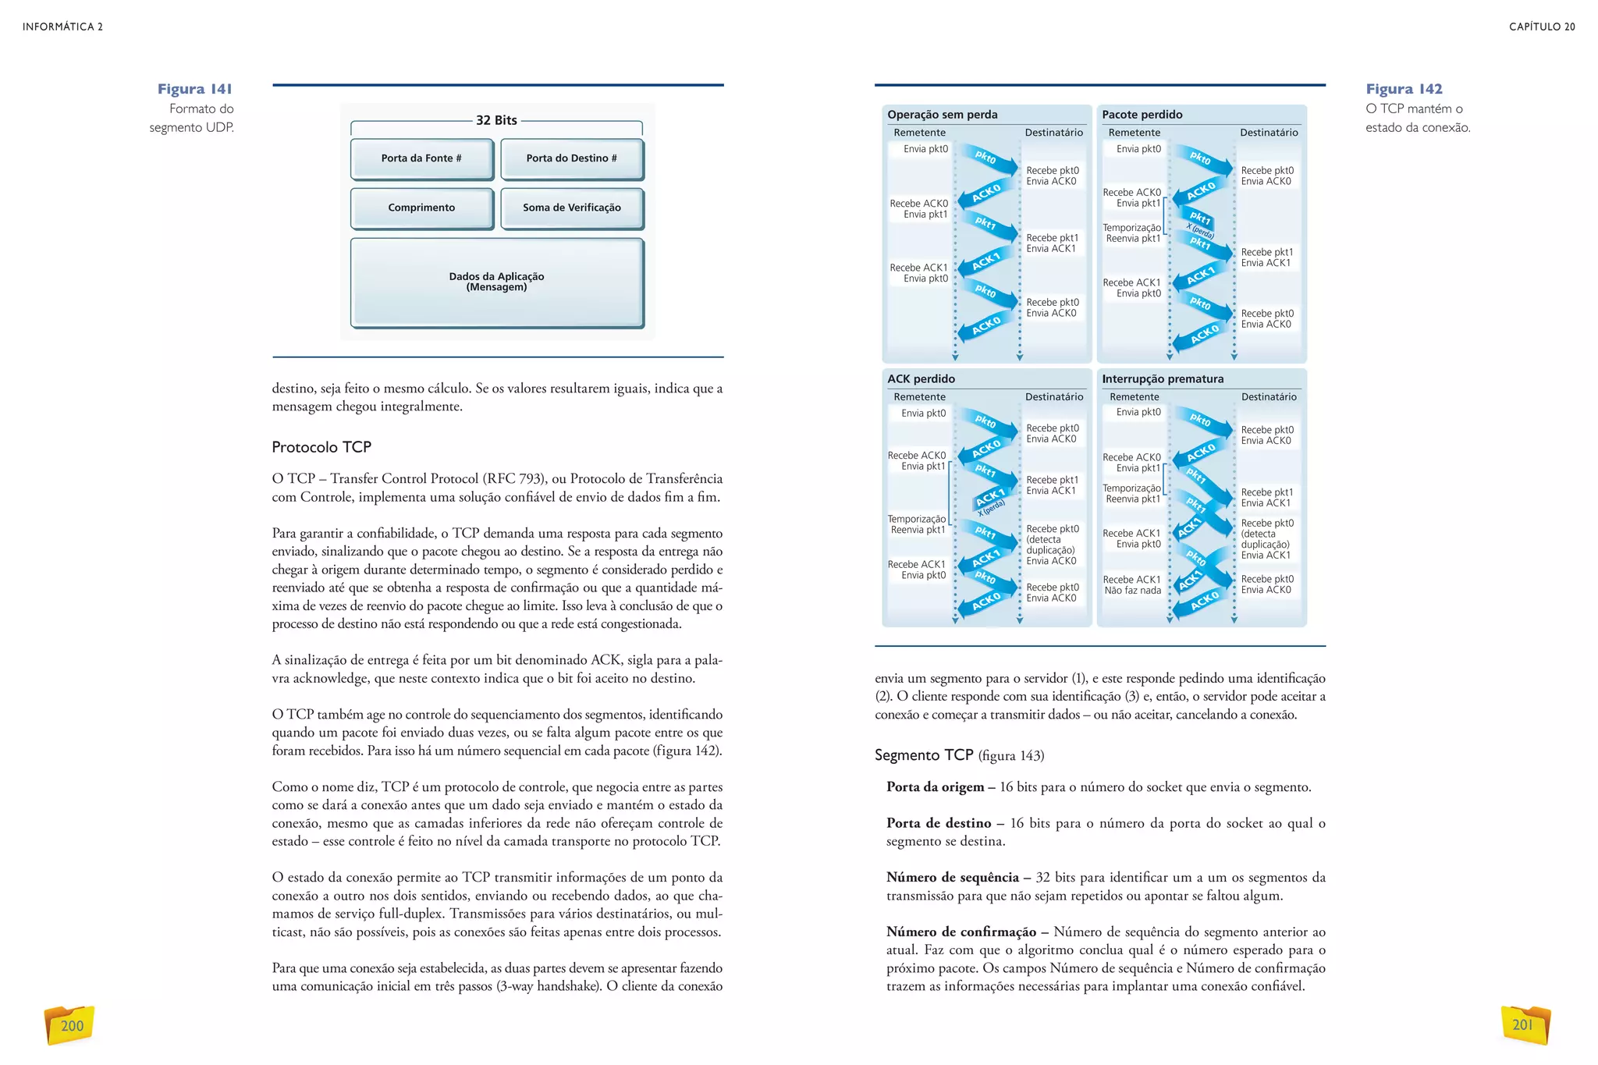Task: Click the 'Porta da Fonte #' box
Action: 421,158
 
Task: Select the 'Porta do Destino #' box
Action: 572,158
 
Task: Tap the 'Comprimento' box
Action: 421,208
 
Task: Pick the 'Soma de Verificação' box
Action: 572,208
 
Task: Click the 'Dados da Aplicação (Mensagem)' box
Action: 497,282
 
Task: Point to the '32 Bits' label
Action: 496,120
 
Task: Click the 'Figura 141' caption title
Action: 194,89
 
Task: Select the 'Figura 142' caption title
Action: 1404,89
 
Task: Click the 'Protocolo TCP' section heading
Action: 321,447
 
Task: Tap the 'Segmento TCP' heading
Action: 924,755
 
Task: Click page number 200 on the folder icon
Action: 72,1026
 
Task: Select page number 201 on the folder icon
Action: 1523,1025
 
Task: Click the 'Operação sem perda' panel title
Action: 943,115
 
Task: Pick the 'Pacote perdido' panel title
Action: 1142,115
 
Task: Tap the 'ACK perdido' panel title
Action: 921,379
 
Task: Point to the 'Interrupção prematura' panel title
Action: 1163,379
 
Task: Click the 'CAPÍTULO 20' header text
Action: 1542,27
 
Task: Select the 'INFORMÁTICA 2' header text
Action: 62,27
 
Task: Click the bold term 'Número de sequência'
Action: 953,878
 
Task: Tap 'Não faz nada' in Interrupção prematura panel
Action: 1132,591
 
